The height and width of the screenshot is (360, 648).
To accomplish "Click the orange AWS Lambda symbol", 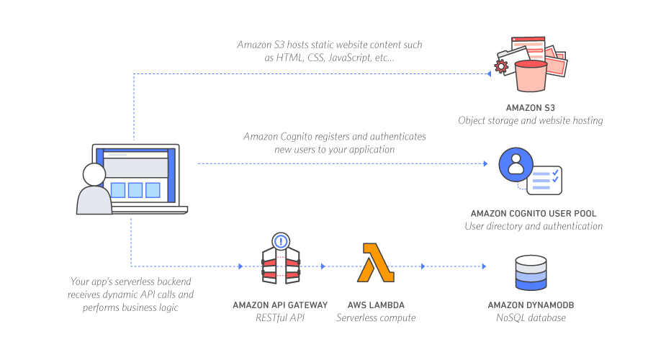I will [x=375, y=264].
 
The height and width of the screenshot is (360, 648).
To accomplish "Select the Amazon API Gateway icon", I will [x=281, y=261].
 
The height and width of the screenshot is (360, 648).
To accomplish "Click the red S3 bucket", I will [x=531, y=74].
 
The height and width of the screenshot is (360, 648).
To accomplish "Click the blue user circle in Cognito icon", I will [x=516, y=166].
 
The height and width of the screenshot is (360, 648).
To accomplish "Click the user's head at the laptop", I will [x=94, y=174].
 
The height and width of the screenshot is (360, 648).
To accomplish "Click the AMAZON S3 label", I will [x=530, y=107].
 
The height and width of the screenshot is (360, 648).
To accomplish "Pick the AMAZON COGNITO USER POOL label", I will [x=534, y=213].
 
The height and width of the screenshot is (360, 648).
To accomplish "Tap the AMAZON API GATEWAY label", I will [x=280, y=305].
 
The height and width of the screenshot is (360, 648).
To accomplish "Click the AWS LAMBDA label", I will [x=375, y=305].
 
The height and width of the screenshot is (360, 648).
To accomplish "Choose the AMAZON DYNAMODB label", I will [x=531, y=305].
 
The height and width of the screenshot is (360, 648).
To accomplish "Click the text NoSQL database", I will [x=531, y=318].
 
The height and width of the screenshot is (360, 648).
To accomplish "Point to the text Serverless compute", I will [x=375, y=318].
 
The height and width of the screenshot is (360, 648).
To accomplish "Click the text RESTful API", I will [x=280, y=318].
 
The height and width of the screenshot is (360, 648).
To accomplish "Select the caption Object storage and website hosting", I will [x=530, y=120].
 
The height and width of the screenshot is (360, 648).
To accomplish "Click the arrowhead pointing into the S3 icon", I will [x=486, y=73].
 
